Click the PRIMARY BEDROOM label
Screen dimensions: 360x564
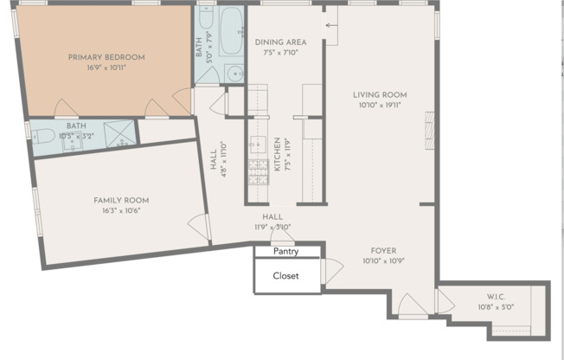click(106, 57)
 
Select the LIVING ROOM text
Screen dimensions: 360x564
click(379, 95)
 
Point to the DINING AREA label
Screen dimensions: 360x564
click(281, 42)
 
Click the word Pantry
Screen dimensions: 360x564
click(286, 252)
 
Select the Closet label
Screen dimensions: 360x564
click(286, 276)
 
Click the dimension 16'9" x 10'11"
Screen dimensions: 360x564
click(106, 67)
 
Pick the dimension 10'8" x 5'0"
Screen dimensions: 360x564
click(496, 307)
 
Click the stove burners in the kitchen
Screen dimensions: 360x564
click(257, 173)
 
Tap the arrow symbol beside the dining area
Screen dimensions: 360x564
click(331, 26)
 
